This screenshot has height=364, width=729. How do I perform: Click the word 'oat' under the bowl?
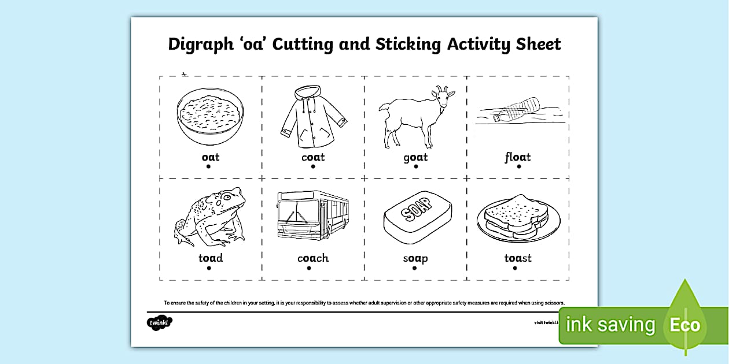point(210,157)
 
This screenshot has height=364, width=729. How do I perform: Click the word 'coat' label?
point(313,157)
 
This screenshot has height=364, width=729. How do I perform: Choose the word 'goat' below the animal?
point(415,157)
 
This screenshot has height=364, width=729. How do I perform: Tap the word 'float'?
point(517,157)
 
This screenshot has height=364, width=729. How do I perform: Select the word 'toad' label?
point(211,258)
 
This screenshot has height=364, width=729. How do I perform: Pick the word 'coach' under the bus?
point(313,258)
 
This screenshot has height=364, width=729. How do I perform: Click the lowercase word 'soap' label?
point(415,258)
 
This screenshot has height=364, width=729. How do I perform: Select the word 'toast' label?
point(517,258)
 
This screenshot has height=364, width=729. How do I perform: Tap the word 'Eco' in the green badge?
point(684,325)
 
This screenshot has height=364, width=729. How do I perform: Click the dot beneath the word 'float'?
point(519,166)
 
